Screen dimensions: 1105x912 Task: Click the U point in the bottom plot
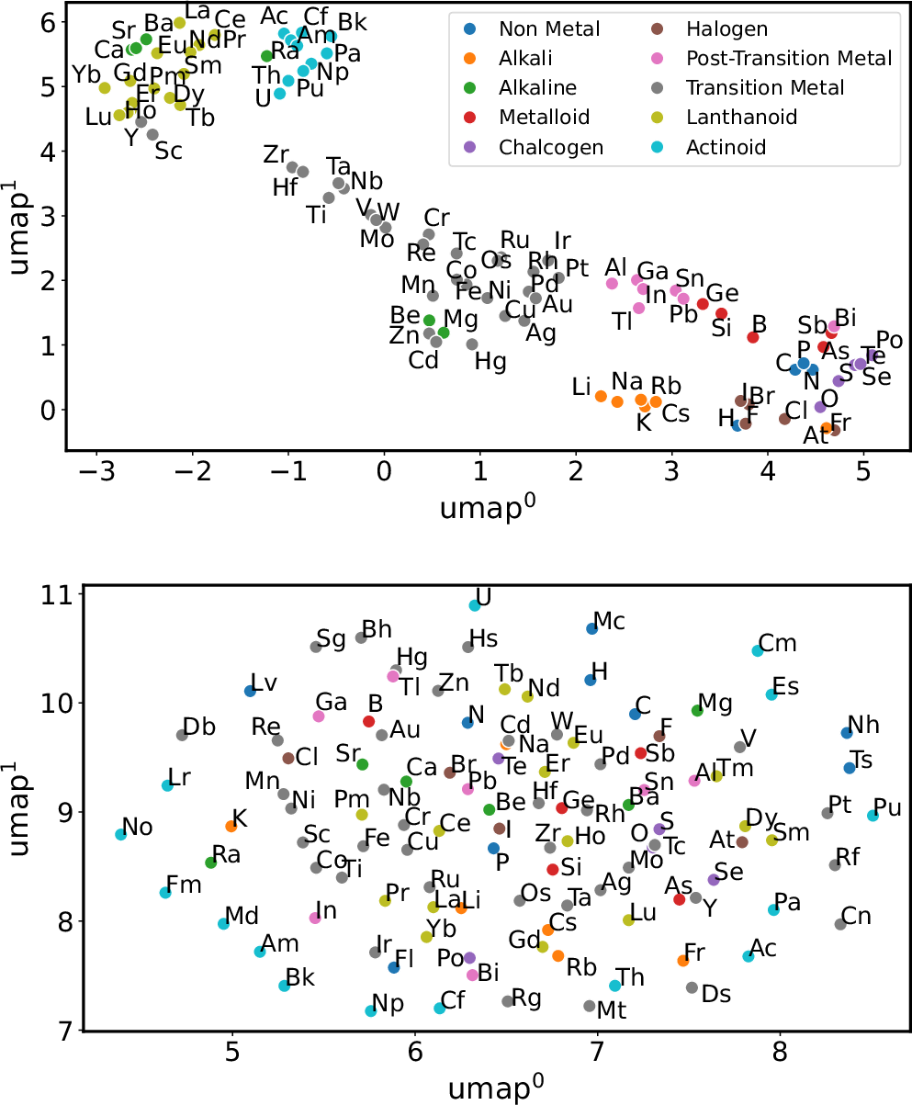pos(475,605)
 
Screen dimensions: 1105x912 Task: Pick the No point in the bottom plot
pos(120,834)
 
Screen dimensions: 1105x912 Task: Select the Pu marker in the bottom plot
pos(873,816)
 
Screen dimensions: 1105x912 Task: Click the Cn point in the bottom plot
pos(840,924)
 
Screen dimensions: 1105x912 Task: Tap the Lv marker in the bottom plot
pos(250,691)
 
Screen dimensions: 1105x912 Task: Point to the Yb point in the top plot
pos(105,88)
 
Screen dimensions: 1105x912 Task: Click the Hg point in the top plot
pos(472,344)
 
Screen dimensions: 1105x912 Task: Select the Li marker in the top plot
pos(601,396)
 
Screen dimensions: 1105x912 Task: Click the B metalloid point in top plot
pos(752,337)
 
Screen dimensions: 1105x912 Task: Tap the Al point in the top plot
pos(613,284)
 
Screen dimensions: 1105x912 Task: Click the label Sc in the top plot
pos(169,152)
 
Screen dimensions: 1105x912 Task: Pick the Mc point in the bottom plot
pos(592,628)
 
